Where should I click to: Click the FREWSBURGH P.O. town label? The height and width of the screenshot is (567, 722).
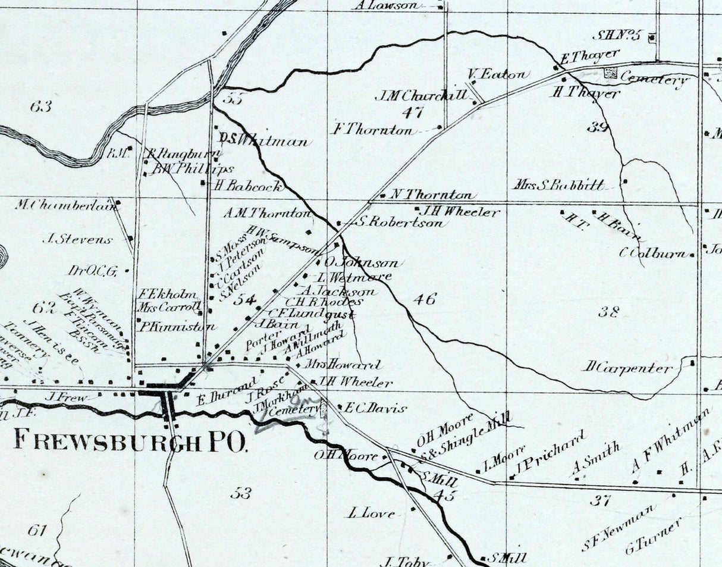pyautogui.click(x=129, y=441)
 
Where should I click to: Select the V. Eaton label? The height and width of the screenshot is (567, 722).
pyautogui.click(x=498, y=75)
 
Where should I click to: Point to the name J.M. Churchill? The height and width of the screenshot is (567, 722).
pyautogui.click(x=419, y=95)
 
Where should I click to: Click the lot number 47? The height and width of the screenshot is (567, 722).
pyautogui.click(x=412, y=112)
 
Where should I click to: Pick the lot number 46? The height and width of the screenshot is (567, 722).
pyautogui.click(x=424, y=299)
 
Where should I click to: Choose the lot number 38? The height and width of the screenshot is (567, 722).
pyautogui.click(x=609, y=311)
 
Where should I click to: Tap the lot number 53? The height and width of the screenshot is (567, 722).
pyautogui.click(x=240, y=493)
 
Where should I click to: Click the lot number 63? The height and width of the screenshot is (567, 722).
pyautogui.click(x=40, y=107)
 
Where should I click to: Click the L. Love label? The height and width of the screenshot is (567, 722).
pyautogui.click(x=371, y=513)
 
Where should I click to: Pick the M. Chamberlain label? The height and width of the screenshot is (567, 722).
pyautogui.click(x=64, y=205)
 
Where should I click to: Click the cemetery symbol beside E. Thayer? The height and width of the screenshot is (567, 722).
pyautogui.click(x=611, y=73)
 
